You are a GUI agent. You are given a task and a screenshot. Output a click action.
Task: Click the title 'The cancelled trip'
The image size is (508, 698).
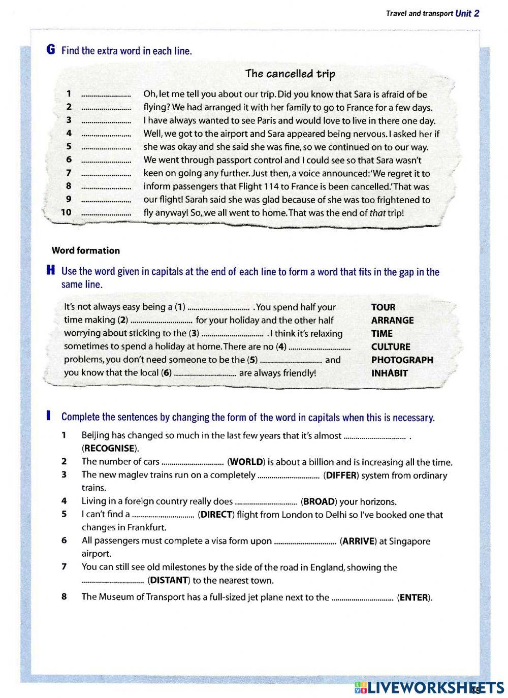pos(290,74)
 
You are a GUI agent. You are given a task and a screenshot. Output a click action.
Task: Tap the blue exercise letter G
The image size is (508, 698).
pos(50,50)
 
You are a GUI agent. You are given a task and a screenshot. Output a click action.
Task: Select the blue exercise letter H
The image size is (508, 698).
pos(50,271)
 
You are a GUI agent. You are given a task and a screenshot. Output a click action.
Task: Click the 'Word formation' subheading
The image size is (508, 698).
pos(86,250)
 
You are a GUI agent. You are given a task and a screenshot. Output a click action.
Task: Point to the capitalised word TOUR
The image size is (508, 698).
pos(383,307)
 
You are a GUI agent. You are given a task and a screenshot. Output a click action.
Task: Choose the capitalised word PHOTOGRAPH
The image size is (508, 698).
pos(402,360)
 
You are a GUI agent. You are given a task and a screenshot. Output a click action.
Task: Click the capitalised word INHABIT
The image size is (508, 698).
pos(389,373)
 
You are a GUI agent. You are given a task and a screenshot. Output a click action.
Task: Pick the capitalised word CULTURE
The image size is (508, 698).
pos(391,347)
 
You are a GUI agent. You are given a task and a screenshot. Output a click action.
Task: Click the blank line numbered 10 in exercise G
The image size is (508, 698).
pos(106,213)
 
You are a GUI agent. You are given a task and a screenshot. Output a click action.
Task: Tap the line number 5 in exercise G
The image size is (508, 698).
pos(69,147)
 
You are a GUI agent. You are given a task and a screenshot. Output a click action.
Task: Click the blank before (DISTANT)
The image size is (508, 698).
pos(113,581)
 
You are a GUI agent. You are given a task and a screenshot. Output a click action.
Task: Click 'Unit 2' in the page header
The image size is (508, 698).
pos(467,14)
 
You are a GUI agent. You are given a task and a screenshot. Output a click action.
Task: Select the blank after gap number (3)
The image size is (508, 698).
pos(232,334)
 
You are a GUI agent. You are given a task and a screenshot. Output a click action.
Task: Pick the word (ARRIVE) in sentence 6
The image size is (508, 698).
pos(358,542)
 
